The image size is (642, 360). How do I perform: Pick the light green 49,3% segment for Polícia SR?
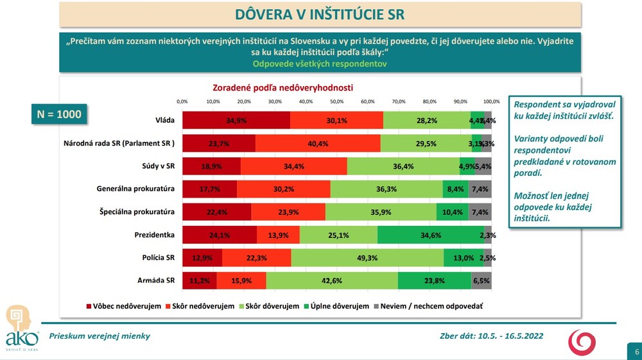coord(367,258)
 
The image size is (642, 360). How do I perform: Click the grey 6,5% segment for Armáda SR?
coord(481,280)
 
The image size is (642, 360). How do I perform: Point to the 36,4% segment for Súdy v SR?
coord(403,166)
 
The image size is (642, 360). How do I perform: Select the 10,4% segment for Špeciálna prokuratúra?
coord(452,212)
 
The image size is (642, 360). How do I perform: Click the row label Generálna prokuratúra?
coord(136,189)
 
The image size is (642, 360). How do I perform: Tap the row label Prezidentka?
coord(155,234)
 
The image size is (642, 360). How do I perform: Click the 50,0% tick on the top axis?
coord(337,101)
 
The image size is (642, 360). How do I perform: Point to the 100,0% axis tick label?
coord(492,101)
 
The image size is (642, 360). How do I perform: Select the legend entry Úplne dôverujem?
coord(340,306)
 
